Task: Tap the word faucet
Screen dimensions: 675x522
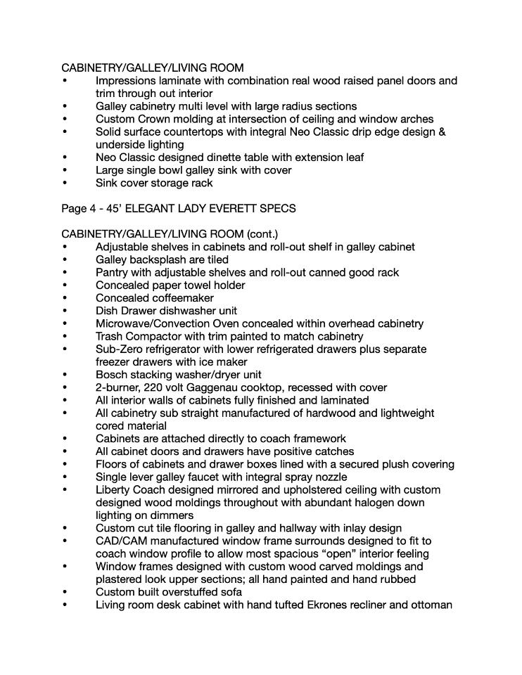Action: (x=208, y=477)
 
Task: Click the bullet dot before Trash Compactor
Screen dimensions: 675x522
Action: (x=65, y=337)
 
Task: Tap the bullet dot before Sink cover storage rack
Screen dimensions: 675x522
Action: (x=65, y=183)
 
